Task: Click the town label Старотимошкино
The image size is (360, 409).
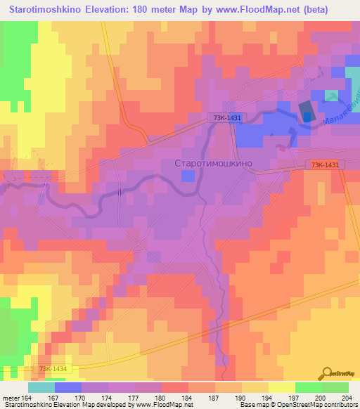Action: (212, 163)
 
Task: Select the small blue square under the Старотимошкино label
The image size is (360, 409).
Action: (186, 176)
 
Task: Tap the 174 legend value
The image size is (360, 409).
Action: (110, 398)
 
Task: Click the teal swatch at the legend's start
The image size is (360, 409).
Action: (41, 387)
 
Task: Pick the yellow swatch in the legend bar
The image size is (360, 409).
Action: (281, 387)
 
